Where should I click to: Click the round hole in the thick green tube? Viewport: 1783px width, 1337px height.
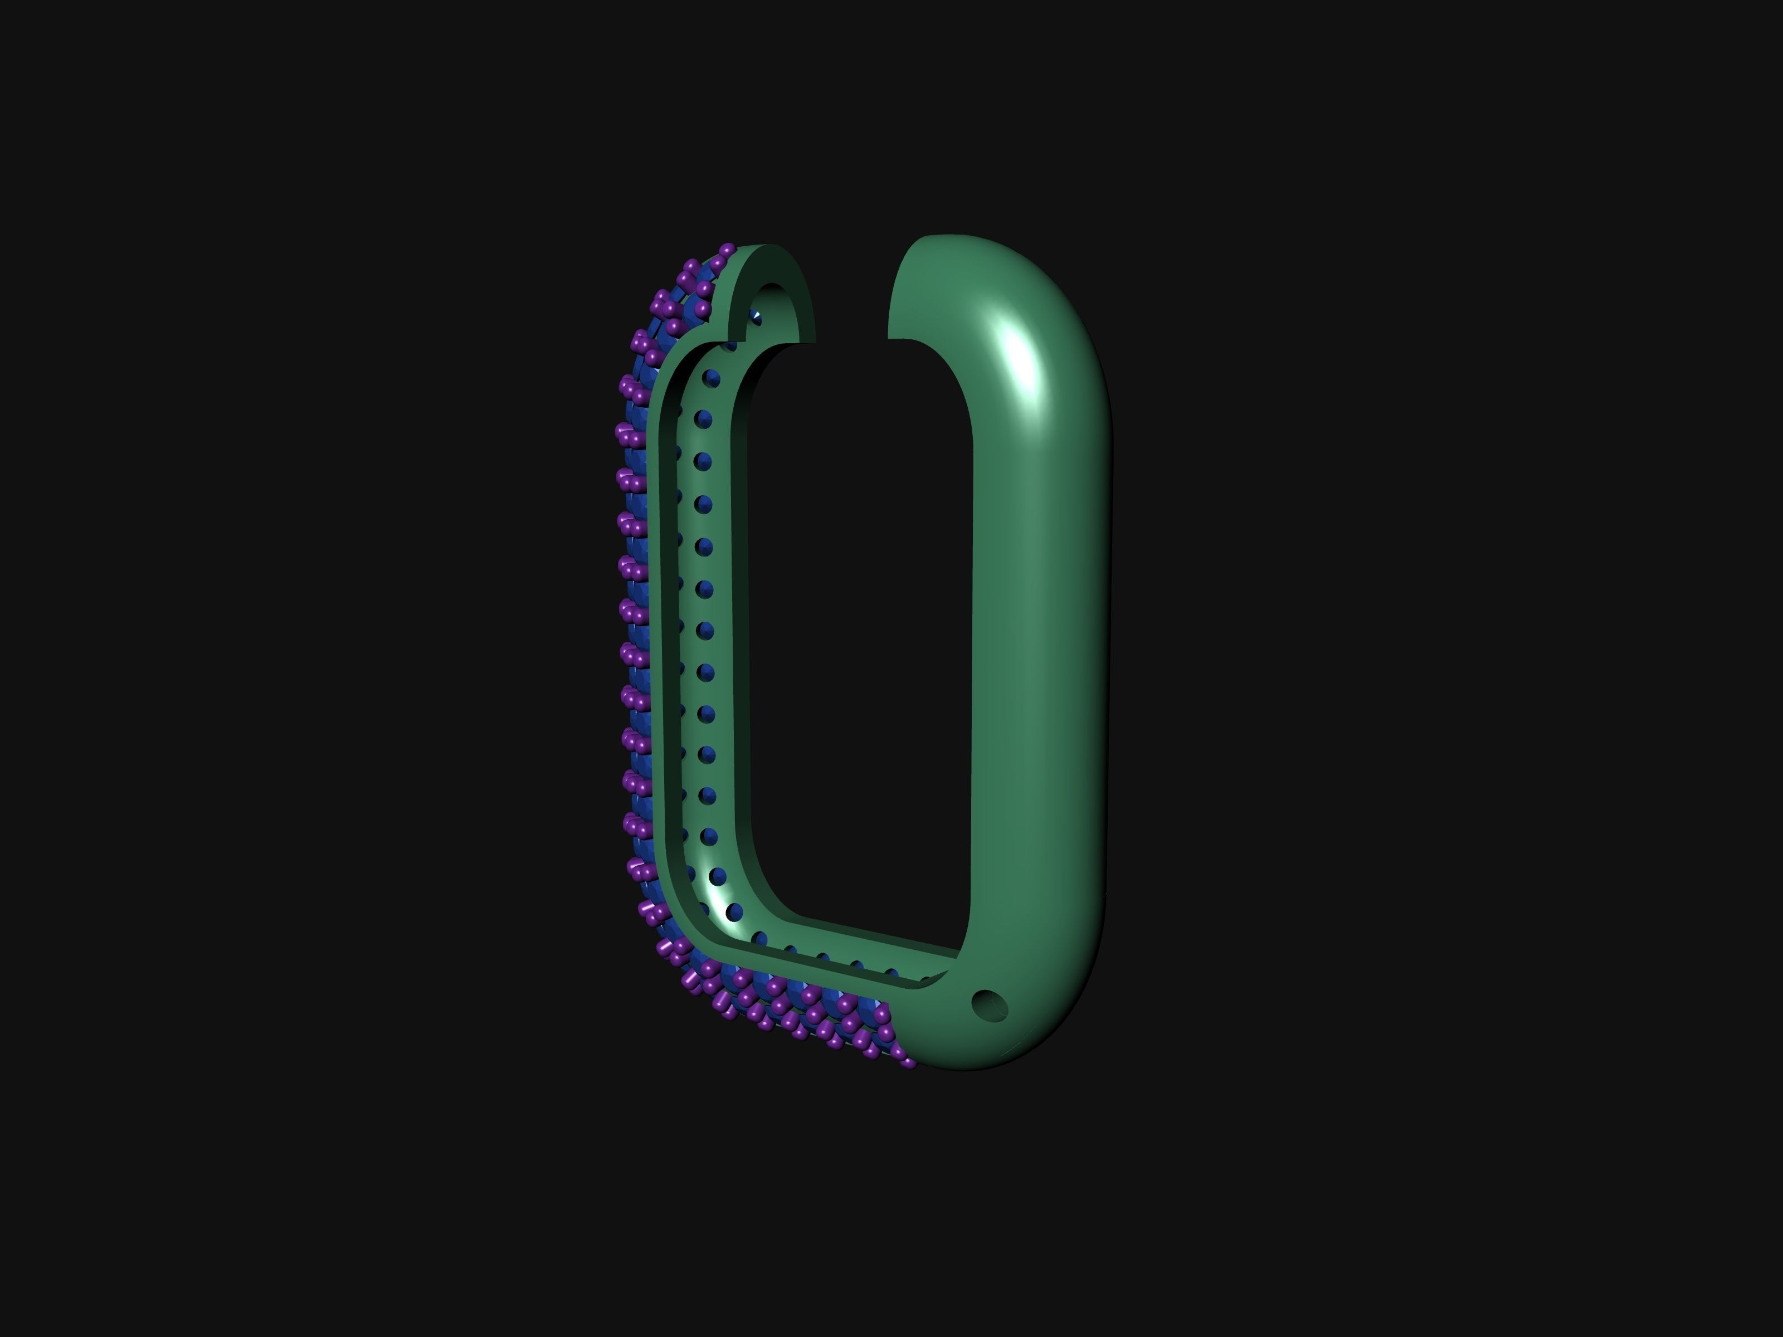click(x=990, y=1005)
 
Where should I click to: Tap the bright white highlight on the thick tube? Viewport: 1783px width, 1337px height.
click(x=1018, y=355)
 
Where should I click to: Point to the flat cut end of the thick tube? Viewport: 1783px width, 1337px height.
click(x=927, y=290)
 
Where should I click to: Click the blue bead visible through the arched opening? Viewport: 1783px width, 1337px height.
click(x=756, y=318)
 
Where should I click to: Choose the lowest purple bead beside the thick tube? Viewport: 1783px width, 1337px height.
click(x=908, y=1062)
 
